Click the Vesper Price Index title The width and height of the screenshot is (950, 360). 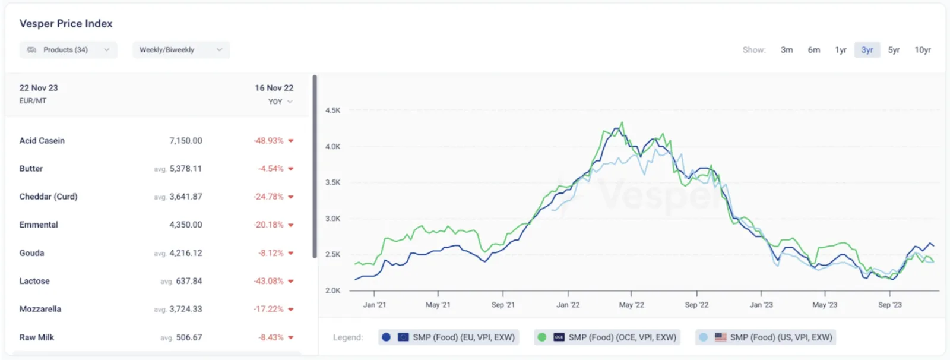click(x=66, y=23)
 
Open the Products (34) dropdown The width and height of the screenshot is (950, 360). click(x=68, y=50)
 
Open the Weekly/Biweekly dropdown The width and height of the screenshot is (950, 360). click(x=181, y=50)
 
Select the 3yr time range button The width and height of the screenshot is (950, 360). click(x=867, y=50)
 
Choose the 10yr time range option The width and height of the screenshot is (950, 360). click(x=923, y=50)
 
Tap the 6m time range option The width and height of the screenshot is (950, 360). click(x=813, y=50)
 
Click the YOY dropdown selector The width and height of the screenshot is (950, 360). click(x=280, y=102)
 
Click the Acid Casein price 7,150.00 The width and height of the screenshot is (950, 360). click(x=186, y=141)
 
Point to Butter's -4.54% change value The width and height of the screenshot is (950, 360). click(x=271, y=169)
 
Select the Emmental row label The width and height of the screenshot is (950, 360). click(x=39, y=225)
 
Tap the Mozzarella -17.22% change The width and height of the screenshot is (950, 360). click(x=268, y=309)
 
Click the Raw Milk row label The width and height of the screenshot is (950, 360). click(x=36, y=337)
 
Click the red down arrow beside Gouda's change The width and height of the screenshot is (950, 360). click(x=291, y=253)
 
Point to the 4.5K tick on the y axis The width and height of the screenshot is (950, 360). click(x=332, y=110)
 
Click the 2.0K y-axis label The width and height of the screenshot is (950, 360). click(x=332, y=291)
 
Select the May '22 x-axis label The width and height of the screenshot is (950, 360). click(x=632, y=305)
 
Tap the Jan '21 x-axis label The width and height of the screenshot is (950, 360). click(x=375, y=305)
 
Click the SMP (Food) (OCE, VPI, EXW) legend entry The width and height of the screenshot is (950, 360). click(x=607, y=337)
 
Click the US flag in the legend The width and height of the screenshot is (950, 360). click(x=721, y=337)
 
